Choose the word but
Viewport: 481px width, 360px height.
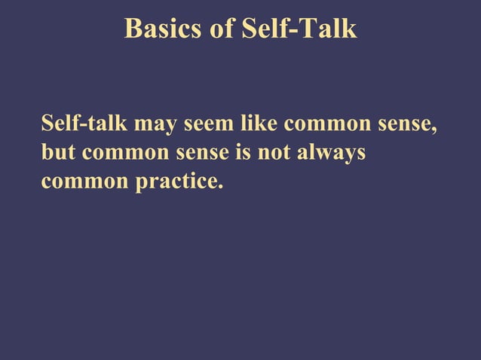58,152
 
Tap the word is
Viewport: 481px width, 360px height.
244,152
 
